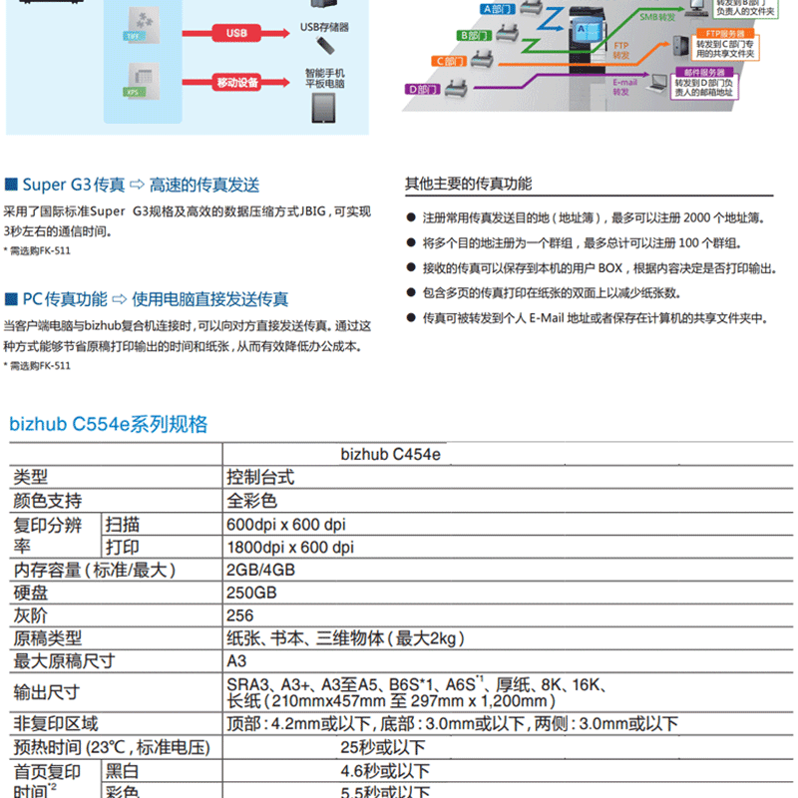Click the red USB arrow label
pyautogui.click(x=235, y=32)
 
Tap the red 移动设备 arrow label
pyautogui.click(x=235, y=82)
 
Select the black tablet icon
pyautogui.click(x=324, y=108)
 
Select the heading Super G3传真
pyautogui.click(x=73, y=185)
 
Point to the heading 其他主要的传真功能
pyautogui.click(x=468, y=184)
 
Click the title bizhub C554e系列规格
pyautogui.click(x=109, y=424)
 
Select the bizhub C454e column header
pyautogui.click(x=390, y=455)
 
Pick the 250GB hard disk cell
pyautogui.click(x=252, y=593)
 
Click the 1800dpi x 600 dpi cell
pyautogui.click(x=290, y=548)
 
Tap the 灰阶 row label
pyautogui.click(x=31, y=615)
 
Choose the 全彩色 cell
pyautogui.click(x=252, y=501)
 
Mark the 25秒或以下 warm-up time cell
pyautogui.click(x=382, y=747)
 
